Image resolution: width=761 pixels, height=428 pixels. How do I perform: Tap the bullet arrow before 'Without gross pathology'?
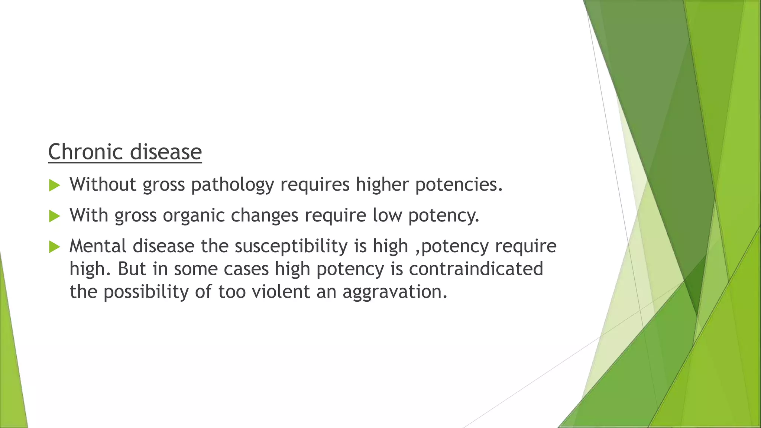[54, 185]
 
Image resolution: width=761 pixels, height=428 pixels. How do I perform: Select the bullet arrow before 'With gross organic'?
[54, 216]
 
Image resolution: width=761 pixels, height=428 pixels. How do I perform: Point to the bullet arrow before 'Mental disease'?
[54, 247]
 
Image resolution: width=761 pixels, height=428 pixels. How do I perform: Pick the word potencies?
[459, 185]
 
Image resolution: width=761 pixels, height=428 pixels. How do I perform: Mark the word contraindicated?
[476, 269]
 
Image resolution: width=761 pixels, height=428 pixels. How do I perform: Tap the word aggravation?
[395, 292]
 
